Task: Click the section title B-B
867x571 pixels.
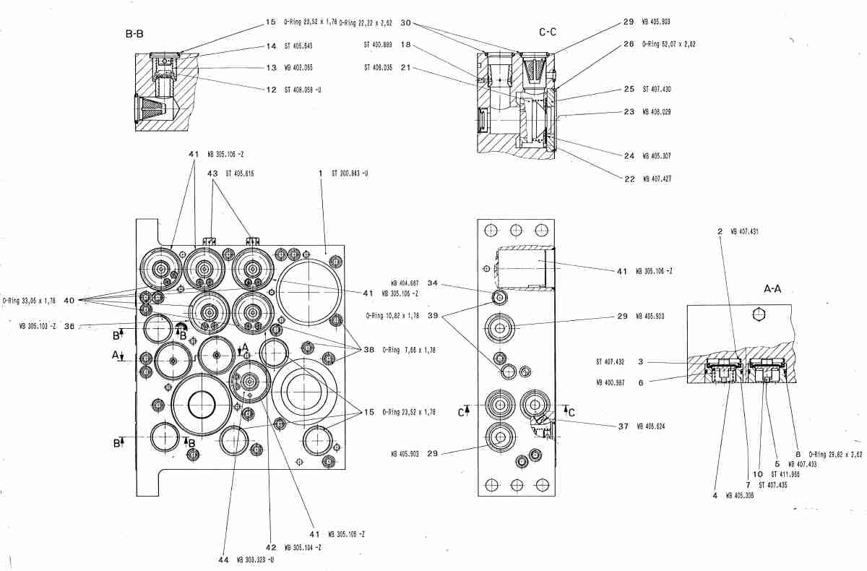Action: (x=134, y=34)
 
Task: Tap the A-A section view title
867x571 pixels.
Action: (x=774, y=288)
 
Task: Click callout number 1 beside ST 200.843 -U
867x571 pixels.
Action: (x=319, y=173)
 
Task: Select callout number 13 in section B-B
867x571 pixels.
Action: (x=271, y=67)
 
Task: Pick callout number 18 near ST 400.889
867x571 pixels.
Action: (x=406, y=44)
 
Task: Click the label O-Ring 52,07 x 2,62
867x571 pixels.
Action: (x=668, y=44)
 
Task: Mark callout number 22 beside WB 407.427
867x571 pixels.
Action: (x=629, y=179)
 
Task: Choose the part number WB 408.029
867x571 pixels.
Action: (x=656, y=112)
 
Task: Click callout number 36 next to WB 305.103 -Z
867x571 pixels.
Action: (x=69, y=325)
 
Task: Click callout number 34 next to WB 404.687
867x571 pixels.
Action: (x=433, y=283)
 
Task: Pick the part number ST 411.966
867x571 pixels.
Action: (x=785, y=474)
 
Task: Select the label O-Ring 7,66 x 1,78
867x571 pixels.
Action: (x=405, y=350)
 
